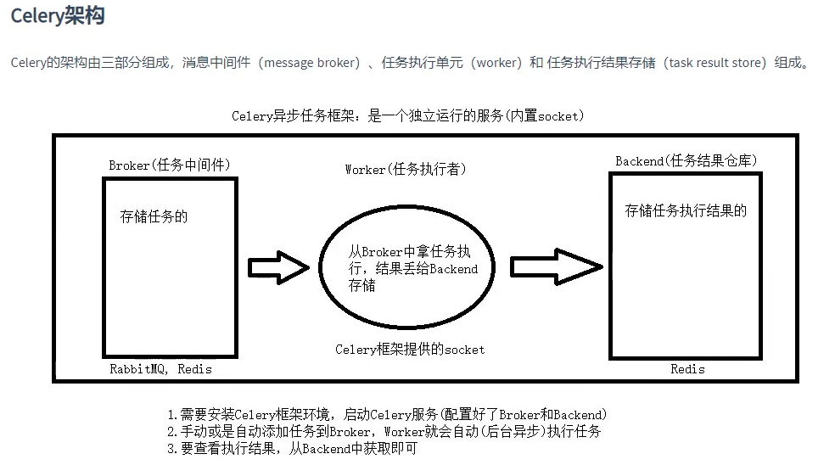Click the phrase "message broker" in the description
[313, 64]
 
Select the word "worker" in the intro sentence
[496, 64]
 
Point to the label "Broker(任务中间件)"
[170, 165]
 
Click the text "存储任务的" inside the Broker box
[154, 216]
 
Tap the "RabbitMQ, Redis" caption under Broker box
[160, 369]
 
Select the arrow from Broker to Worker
[278, 268]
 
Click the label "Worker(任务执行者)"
[406, 169]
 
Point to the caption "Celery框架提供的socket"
[410, 349]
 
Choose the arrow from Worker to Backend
[557, 267]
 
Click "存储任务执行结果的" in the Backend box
[686, 211]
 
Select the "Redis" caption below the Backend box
[687, 369]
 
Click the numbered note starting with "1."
[386, 415]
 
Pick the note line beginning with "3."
[292, 449]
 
